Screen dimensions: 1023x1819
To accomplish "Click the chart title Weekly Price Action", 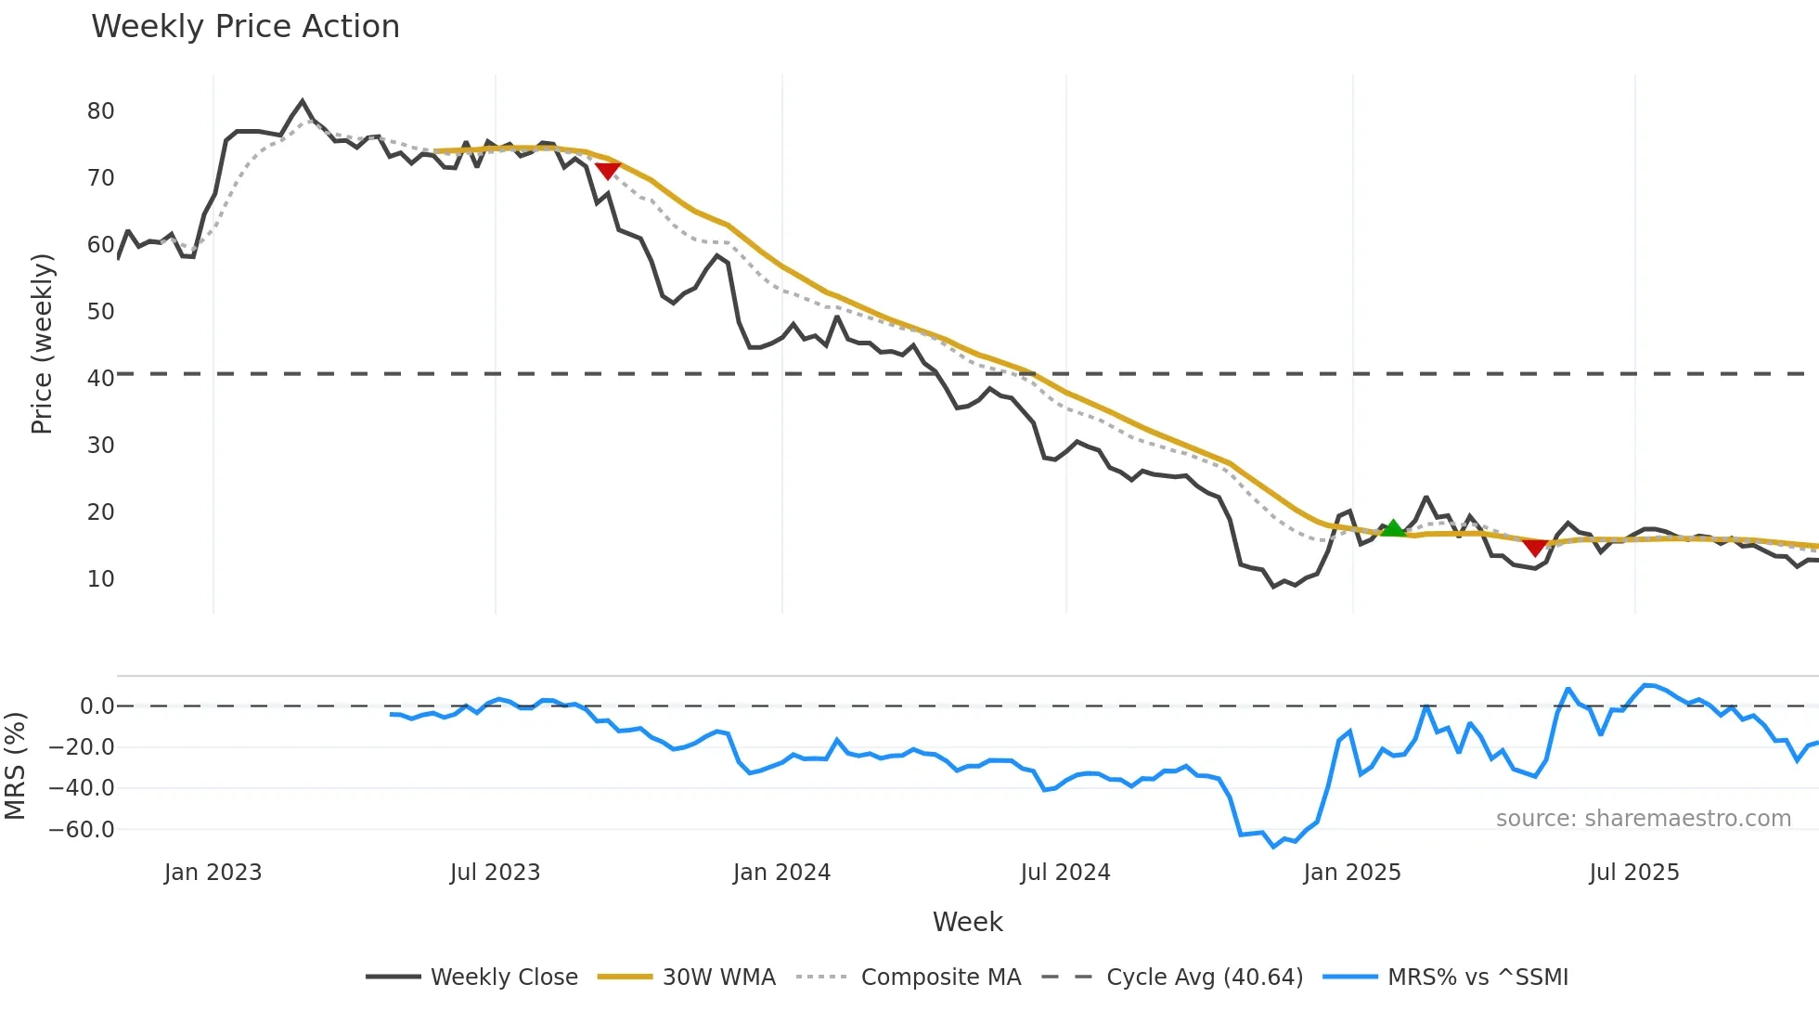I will point(245,27).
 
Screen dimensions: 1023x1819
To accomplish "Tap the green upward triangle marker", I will point(1393,529).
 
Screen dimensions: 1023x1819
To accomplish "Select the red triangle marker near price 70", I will point(607,170).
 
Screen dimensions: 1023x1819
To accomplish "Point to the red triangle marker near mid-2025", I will point(1535,548).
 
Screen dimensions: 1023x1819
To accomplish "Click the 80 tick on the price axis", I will point(100,111).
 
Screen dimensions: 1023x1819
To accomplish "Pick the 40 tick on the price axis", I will point(100,379).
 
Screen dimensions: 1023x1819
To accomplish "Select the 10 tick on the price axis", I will point(100,579).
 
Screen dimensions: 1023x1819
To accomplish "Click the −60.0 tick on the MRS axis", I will point(82,830).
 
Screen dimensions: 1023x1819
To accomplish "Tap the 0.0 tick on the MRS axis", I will point(97,706).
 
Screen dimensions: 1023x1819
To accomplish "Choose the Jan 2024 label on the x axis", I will point(781,873).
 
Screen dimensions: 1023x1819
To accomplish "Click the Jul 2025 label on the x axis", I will point(1634,873).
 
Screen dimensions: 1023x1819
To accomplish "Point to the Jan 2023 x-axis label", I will point(213,873).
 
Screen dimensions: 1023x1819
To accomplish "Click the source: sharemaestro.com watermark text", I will point(1643,819).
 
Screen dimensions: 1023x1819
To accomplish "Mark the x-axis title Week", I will point(967,922).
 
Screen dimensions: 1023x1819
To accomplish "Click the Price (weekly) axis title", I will point(42,343).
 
